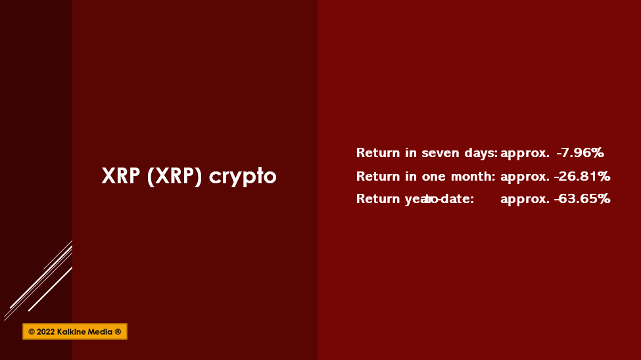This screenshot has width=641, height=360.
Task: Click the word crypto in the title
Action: click(243, 177)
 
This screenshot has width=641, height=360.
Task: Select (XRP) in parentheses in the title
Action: click(175, 176)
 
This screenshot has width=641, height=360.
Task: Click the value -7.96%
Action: click(580, 153)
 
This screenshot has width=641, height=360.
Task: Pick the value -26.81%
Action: click(582, 177)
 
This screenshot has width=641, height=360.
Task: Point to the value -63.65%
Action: click(582, 199)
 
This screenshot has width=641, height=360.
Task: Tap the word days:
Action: click(481, 153)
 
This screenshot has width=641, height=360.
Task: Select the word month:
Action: click(473, 177)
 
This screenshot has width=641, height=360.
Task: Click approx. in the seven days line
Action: click(525, 154)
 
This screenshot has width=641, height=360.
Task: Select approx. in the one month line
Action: click(525, 177)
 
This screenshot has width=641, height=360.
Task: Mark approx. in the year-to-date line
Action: click(525, 200)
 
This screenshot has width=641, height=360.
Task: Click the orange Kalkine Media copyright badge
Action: click(75, 331)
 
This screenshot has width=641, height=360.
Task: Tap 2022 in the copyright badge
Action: click(46, 332)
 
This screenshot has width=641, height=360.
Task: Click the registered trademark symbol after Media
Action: click(118, 332)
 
